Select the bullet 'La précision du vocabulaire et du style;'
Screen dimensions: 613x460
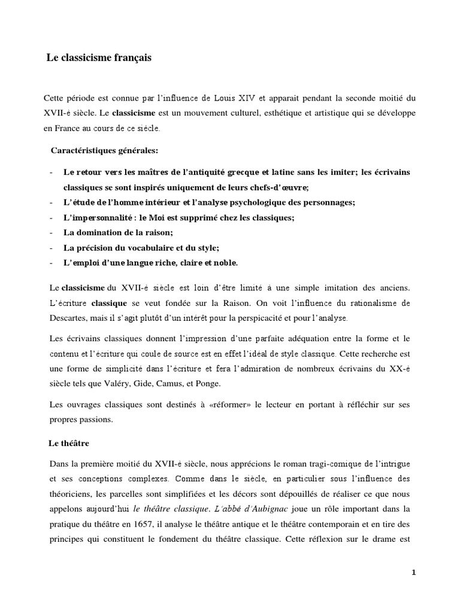tap(134, 247)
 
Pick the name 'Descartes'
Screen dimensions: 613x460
tap(62, 317)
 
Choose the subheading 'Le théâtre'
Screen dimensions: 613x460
tap(68, 443)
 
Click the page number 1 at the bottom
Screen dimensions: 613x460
tap(414, 572)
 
